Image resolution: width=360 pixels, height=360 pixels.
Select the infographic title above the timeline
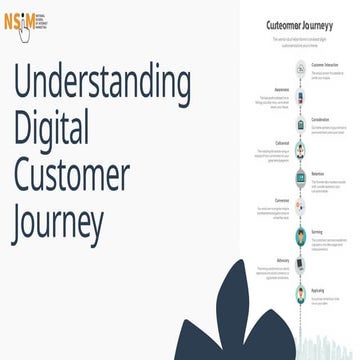point(300,23)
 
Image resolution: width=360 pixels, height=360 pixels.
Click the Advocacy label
point(282,260)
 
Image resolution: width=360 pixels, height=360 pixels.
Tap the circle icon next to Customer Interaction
point(301,69)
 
